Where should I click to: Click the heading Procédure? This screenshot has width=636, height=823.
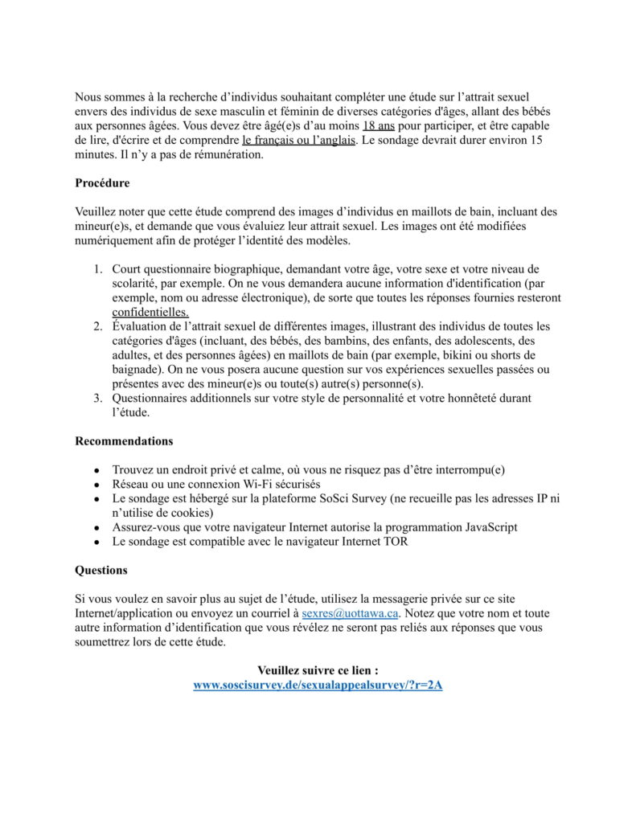102,183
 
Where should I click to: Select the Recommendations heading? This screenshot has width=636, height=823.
124,441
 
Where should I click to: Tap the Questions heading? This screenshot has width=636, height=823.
101,571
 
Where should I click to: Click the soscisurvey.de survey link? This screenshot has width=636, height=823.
318,686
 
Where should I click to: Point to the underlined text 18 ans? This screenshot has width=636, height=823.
378,126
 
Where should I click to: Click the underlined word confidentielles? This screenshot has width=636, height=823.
150,312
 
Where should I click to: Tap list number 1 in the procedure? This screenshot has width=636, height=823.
97,268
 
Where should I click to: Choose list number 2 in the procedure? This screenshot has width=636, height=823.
97,326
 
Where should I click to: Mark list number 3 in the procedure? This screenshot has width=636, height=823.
97,399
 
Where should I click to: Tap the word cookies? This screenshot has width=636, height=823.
191,513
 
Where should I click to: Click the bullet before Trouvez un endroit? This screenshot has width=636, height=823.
96,470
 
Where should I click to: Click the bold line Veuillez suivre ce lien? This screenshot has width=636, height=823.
318,670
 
